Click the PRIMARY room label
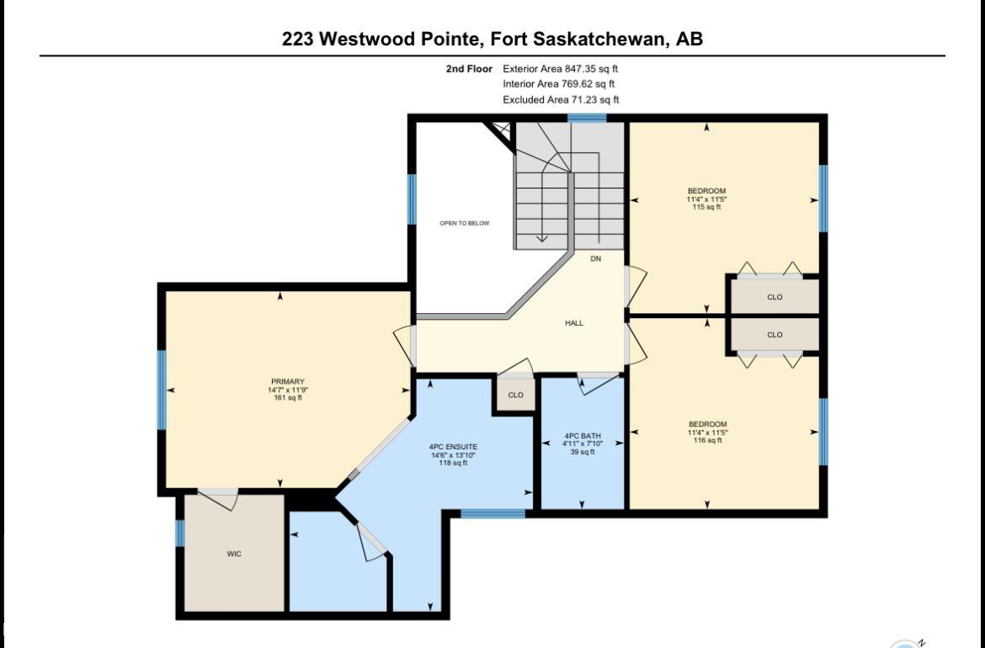288,382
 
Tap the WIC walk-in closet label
234,554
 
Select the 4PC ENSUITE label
453,447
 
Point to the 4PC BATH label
583,436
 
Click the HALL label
574,323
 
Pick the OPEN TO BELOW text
464,224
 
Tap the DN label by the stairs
595,258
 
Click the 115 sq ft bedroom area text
706,207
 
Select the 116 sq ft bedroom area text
707,440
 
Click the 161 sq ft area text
288,397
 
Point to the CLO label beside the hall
516,395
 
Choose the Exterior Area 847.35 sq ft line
561,69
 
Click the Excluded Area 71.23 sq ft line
561,100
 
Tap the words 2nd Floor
469,69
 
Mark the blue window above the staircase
588,118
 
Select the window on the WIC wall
180,533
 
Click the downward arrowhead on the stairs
541,238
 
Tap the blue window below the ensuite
493,513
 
